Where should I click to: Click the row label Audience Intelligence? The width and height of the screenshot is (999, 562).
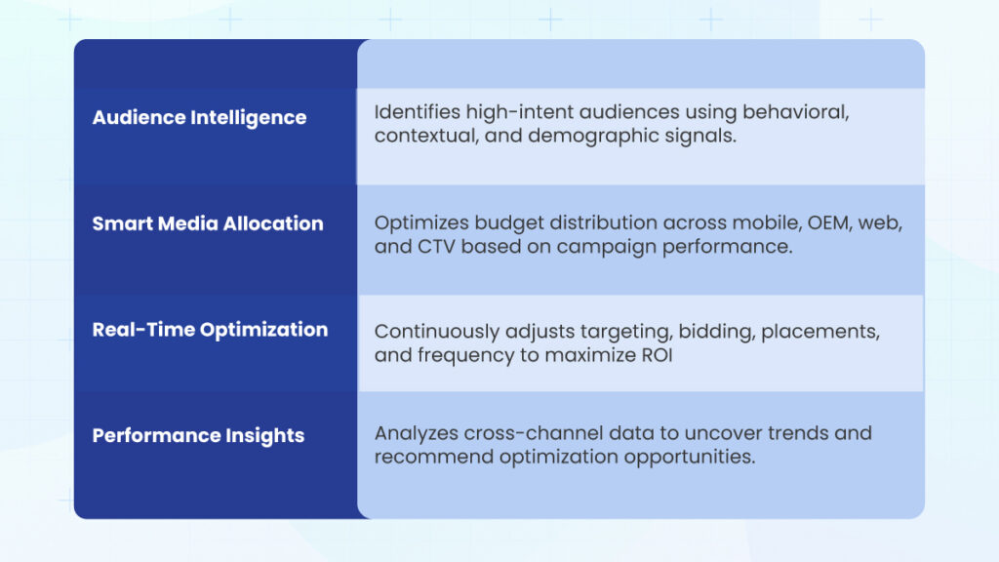(199, 118)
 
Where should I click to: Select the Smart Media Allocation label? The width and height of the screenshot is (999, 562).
(208, 223)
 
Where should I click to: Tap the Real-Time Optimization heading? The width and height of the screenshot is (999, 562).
(211, 330)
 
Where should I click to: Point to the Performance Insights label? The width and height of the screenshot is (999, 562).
(198, 436)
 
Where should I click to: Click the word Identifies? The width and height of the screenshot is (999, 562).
(418, 112)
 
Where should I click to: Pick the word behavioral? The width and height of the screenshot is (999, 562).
(796, 112)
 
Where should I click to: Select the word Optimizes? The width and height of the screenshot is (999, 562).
(421, 223)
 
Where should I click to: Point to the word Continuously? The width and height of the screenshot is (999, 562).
(437, 332)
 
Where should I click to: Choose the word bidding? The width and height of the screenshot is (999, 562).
(716, 332)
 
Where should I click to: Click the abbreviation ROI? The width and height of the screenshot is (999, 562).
(657, 355)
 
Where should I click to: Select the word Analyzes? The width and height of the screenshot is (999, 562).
(416, 434)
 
